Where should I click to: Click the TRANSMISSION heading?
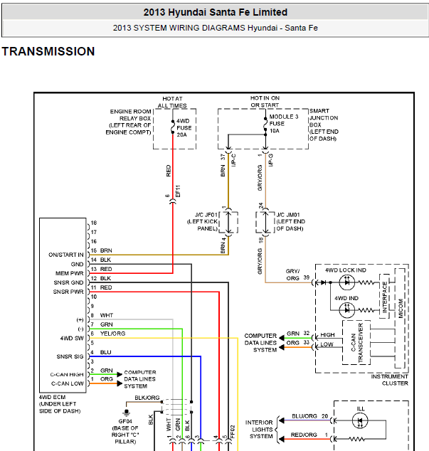coord(48,51)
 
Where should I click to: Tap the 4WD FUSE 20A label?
coord(184,128)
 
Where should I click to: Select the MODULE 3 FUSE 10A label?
coord(283,124)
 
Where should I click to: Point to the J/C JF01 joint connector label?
coord(203,221)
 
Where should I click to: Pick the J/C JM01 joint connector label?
coord(290,221)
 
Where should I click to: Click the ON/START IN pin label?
coord(66,255)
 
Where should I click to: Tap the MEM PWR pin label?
coord(69,273)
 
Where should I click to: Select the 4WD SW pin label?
coord(72,339)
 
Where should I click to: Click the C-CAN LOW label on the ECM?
coord(68,383)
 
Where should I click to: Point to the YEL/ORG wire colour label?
coord(112,334)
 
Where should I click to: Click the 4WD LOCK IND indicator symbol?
coord(346,282)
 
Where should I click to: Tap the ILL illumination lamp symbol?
coord(360,421)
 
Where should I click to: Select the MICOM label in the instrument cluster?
coord(401,308)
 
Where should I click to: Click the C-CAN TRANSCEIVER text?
coord(357,343)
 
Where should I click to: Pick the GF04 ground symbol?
coord(126,413)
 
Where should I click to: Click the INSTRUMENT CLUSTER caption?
coord(390,380)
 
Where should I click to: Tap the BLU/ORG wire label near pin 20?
coord(304,416)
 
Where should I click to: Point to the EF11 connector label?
coord(178,191)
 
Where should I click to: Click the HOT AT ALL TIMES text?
coord(172,102)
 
